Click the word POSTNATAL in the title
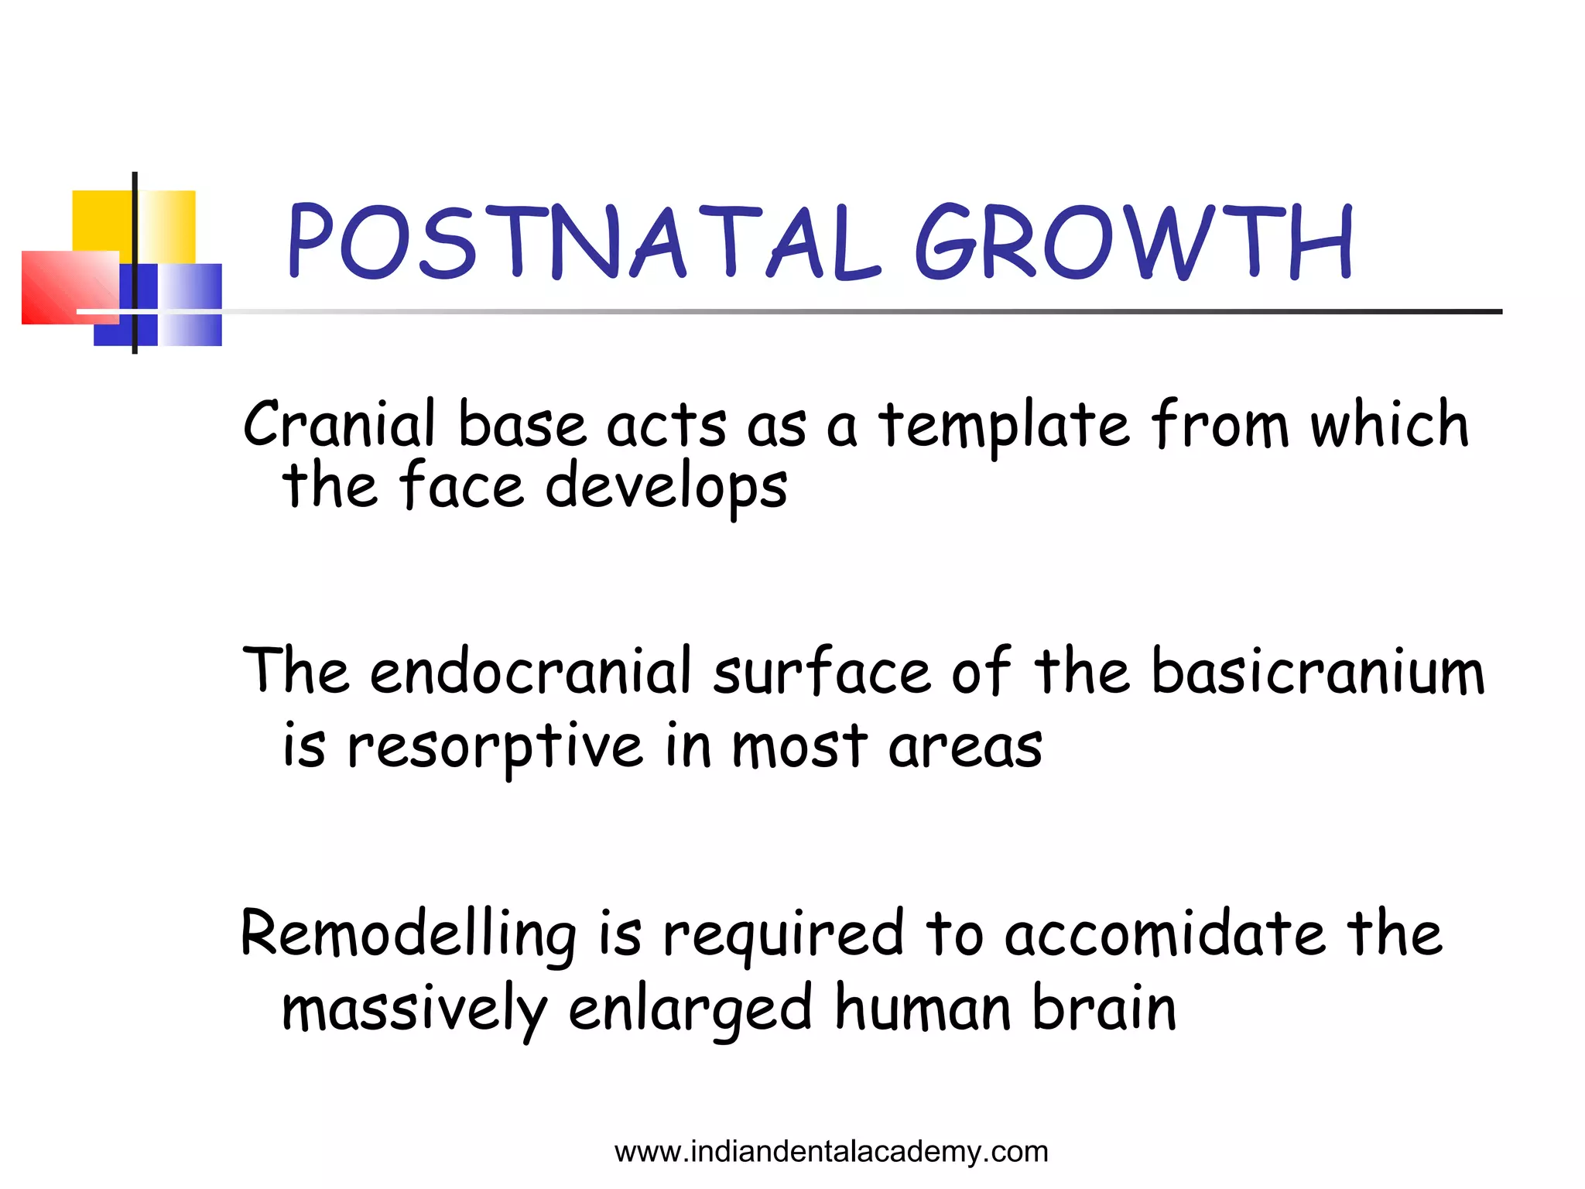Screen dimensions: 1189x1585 (584, 242)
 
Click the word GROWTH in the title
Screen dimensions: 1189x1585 (1134, 242)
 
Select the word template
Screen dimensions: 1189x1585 (1004, 426)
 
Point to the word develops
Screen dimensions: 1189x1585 (666, 488)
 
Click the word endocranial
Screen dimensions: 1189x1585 (530, 671)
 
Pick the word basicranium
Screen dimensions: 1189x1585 (1317, 671)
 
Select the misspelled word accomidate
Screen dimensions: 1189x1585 (1164, 934)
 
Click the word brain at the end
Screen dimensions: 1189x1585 (1104, 1009)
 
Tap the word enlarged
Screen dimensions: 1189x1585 (690, 1009)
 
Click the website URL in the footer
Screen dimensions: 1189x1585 (831, 1152)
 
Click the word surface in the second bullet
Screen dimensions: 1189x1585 (820, 671)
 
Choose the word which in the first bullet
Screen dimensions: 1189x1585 (1389, 424)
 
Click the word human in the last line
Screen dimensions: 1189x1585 (923, 1009)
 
